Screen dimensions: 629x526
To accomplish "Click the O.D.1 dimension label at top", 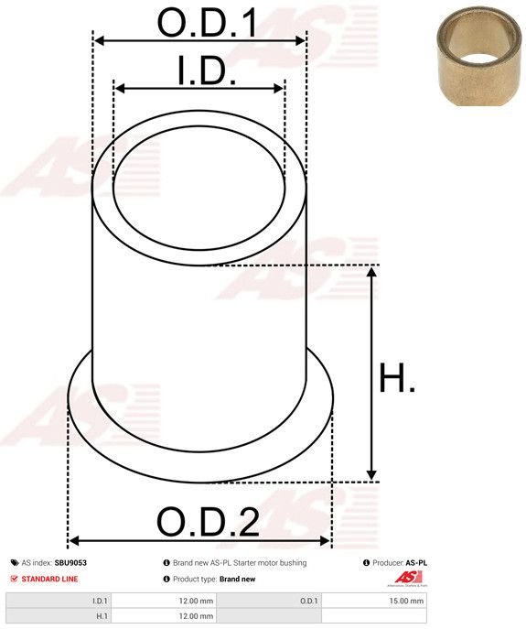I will (x=207, y=23).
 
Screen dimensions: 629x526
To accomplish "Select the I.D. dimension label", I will (x=207, y=71).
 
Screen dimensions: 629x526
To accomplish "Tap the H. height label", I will (x=397, y=378).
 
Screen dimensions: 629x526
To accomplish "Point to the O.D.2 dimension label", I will (x=208, y=523).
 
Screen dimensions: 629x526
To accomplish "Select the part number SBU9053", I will (x=70, y=563).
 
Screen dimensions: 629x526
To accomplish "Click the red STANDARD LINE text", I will (x=50, y=579).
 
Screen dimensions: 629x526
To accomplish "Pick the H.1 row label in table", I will (x=101, y=616).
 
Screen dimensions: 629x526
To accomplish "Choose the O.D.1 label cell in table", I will (x=308, y=601).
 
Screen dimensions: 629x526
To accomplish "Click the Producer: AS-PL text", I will (x=399, y=563).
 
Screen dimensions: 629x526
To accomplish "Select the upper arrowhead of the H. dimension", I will (x=371, y=272).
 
